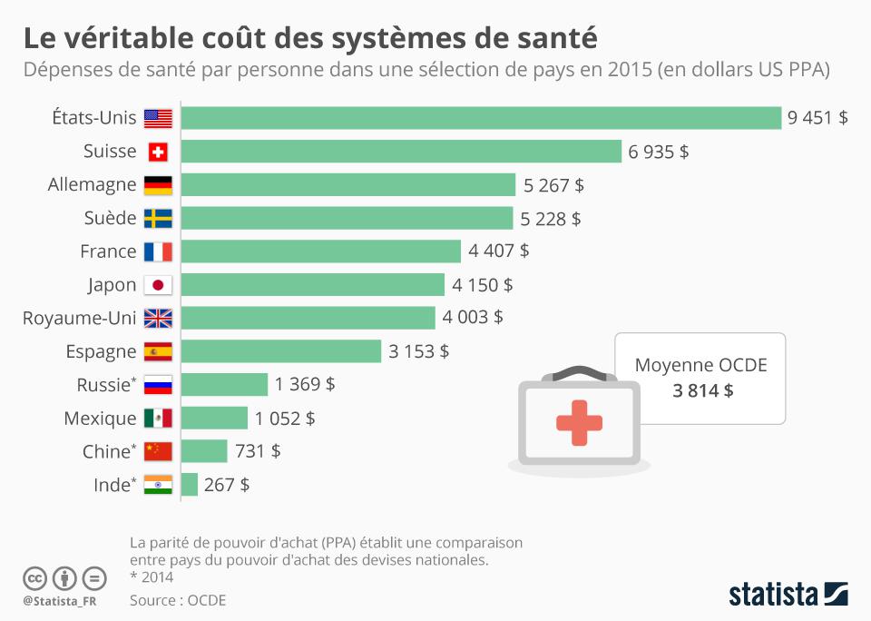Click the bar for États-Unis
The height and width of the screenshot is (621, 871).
tap(481, 118)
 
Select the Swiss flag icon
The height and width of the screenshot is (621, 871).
tap(158, 152)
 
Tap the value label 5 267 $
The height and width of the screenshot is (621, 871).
tap(553, 185)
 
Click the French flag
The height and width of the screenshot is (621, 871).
tap(158, 251)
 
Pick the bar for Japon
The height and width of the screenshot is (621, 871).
tap(313, 285)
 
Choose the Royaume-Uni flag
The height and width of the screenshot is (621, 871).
tap(158, 318)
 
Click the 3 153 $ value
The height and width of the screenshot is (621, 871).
tap(418, 351)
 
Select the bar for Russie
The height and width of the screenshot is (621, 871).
tap(225, 385)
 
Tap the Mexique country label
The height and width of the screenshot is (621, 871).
tap(100, 419)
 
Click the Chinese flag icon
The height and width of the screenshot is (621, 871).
tap(158, 451)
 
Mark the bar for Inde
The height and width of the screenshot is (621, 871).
tap(190, 485)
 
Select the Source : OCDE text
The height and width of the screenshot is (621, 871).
tap(178, 600)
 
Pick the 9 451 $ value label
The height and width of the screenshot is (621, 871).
tap(818, 118)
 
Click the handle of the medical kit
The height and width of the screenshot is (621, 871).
tap(579, 372)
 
